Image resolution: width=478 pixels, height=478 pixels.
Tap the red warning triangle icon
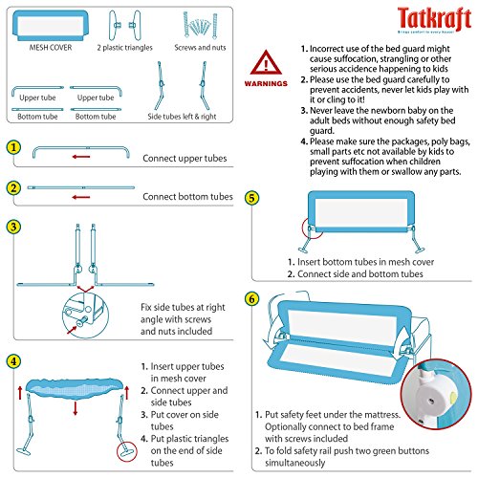coord(264,64)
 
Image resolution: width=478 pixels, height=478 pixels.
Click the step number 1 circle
coord(11,148)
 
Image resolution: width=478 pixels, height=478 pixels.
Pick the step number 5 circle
coord(251,198)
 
